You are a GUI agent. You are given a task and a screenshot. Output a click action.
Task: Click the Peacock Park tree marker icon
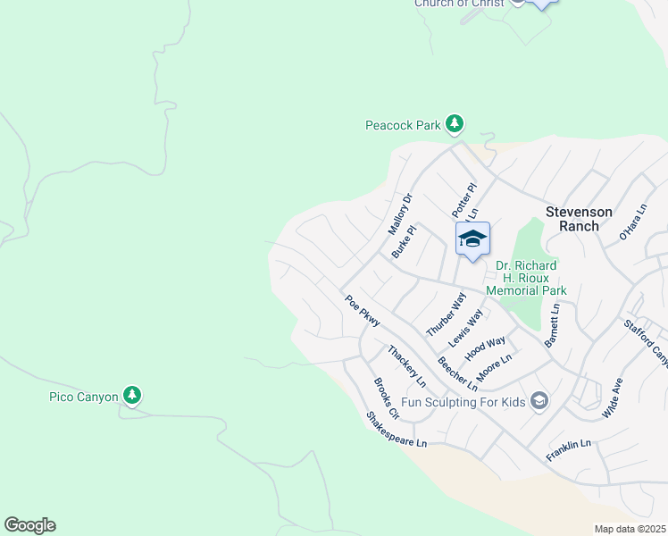coord(455,124)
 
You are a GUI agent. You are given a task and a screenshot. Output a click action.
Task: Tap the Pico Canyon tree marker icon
coord(132,395)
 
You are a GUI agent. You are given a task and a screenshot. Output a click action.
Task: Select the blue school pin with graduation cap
coord(472,239)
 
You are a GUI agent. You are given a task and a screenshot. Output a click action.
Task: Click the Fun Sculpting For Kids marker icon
coord(539,401)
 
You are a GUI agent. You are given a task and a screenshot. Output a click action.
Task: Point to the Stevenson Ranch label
coord(579,218)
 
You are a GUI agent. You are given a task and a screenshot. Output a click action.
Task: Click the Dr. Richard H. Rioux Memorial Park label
coord(527,278)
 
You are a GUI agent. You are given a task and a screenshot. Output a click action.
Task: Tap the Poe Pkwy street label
coord(362,311)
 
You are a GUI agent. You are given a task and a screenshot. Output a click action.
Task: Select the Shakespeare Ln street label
coord(397,430)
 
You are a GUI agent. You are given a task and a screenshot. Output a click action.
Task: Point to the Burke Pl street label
coord(405,242)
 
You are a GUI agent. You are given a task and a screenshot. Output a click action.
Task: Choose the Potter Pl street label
coord(463,197)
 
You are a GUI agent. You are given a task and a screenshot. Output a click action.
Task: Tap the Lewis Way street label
coord(465,328)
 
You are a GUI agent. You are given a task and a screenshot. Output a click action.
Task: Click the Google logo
coord(29,525)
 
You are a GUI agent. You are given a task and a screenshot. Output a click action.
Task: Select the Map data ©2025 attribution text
coord(629,529)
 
